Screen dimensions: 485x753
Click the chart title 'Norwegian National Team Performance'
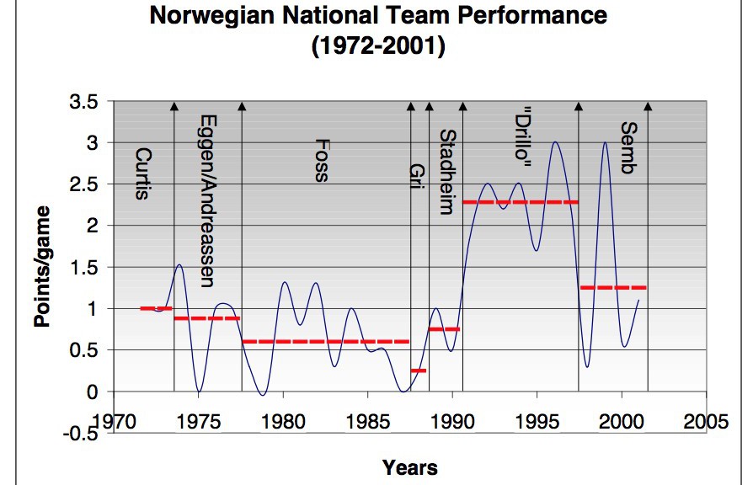tap(378, 16)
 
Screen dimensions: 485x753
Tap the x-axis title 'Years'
tap(409, 466)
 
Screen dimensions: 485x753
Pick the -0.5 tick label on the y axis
tap(82, 433)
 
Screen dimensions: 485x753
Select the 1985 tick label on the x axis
tap(368, 422)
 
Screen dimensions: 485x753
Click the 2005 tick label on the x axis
tap(706, 422)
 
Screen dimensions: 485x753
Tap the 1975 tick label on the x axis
tap(199, 422)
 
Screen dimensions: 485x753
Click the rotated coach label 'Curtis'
tap(143, 174)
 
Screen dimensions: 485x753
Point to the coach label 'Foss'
tap(321, 160)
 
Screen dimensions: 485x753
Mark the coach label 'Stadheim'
tap(448, 172)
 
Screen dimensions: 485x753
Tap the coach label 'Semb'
tap(627, 148)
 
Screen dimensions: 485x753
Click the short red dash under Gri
tap(419, 370)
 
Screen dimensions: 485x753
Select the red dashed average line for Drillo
tap(521, 202)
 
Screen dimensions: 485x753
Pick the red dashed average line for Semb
tap(613, 288)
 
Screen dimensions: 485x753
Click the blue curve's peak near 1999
tap(604, 143)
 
